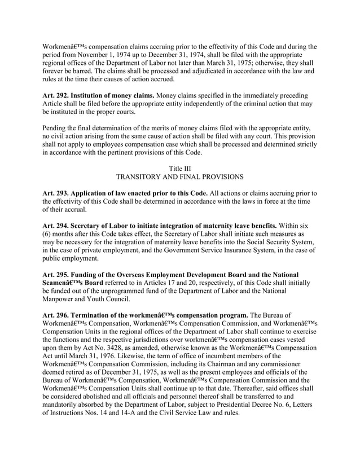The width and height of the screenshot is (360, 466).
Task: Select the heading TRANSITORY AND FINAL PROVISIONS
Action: (x=179, y=177)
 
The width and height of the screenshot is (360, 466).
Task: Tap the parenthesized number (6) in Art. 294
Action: (x=47, y=234)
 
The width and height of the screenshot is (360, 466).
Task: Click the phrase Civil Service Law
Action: (x=183, y=414)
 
